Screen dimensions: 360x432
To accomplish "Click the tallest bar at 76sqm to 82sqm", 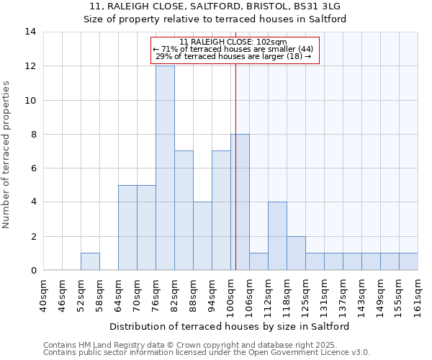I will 165,168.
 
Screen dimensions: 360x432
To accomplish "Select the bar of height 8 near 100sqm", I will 240,202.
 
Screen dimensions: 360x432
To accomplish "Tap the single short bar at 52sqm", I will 90,262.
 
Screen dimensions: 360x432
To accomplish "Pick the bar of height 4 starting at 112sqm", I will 277,236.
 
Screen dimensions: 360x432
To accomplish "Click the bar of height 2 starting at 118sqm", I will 296,253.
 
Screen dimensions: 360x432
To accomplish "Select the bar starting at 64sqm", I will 127,228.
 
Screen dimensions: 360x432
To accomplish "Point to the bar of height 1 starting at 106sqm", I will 258,262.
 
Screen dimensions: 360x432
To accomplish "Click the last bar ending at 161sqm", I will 408,262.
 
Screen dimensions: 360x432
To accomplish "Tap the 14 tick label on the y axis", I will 30,32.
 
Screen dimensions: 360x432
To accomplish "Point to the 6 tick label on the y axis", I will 33,168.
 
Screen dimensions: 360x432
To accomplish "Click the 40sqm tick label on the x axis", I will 44,295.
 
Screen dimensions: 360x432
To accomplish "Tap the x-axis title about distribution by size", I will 233,326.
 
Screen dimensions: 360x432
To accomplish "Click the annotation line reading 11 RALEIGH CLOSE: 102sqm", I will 233,42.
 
